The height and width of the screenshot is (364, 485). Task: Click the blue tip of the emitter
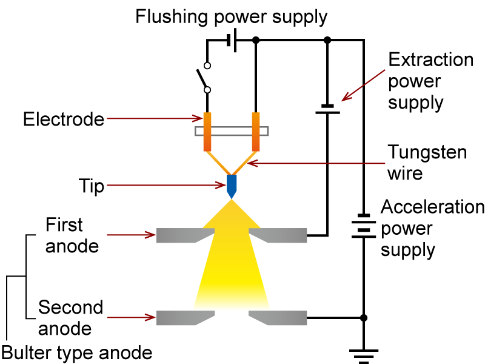tap(231, 186)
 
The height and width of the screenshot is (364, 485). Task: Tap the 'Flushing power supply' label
tap(232, 16)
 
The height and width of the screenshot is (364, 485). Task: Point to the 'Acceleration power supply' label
tap(432, 228)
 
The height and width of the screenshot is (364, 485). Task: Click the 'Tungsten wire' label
tap(427, 162)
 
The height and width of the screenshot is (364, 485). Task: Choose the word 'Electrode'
tap(64, 120)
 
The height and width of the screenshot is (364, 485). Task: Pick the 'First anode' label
tap(72, 235)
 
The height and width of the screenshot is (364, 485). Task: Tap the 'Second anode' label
tap(71, 318)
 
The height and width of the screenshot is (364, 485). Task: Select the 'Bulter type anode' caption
tap(76, 352)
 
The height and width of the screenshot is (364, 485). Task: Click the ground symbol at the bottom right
tap(364, 355)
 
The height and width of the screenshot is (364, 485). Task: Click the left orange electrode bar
tap(207, 131)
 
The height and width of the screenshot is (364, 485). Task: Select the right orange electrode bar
tap(256, 131)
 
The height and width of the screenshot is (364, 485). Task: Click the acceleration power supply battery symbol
tap(364, 226)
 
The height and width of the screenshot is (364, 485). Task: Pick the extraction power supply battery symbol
tap(328, 109)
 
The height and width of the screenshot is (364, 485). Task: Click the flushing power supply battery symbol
tap(231, 40)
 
